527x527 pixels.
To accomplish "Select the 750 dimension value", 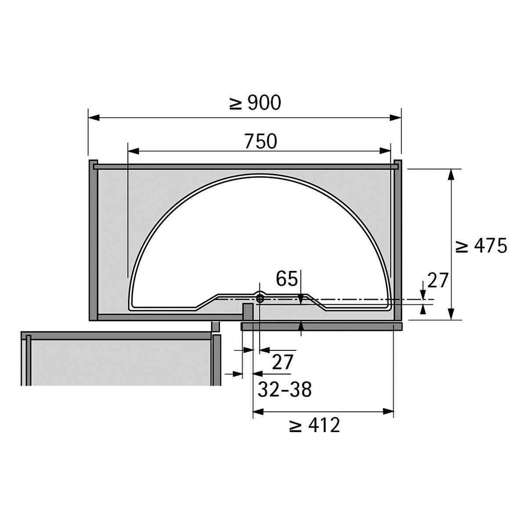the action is pos(260,141).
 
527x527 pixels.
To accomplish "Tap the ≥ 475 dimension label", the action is pos(481,246).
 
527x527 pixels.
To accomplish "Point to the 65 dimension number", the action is pos(286,279).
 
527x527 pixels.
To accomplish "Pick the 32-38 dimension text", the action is pos(285,390).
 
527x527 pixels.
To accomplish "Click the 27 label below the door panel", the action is pos(283,362).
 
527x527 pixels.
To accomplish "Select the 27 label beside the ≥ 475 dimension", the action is pos(437,281).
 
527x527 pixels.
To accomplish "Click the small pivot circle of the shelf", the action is pos(260,299).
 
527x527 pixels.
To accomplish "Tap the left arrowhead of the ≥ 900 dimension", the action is pos(94,118).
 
